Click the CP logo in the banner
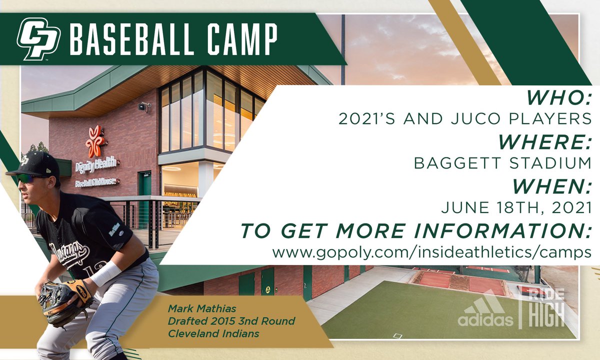click(38, 38)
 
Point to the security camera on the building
click(145, 106)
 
